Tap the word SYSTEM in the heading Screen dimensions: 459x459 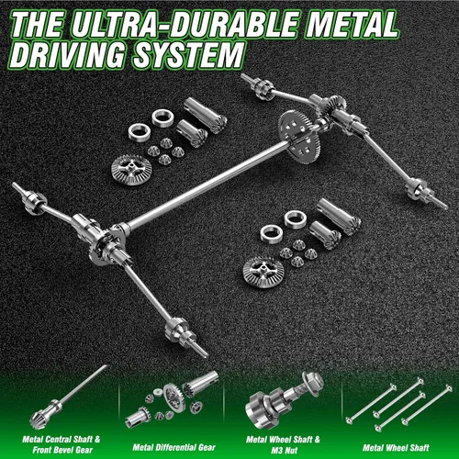tap(189, 55)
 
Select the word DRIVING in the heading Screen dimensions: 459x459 tap(68, 55)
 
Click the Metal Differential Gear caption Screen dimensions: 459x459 tap(174, 447)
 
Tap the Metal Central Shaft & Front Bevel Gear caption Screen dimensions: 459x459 tap(62, 444)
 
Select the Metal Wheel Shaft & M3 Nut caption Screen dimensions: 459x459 tap(284, 444)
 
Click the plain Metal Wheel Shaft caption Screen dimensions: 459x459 tap(397, 448)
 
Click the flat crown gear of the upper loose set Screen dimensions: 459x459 tap(131, 170)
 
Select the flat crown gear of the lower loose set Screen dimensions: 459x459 tap(263, 273)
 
